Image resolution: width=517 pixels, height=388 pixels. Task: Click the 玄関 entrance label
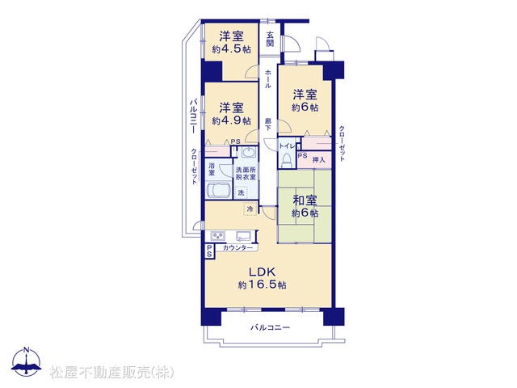pos(270,39)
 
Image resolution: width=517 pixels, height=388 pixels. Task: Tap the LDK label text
pos(262,272)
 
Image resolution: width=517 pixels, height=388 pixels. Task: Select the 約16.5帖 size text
pos(262,285)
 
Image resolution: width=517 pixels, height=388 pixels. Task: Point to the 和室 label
pos(305,200)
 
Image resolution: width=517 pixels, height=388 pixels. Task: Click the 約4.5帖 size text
pos(232,49)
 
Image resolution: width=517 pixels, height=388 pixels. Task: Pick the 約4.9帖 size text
pos(232,120)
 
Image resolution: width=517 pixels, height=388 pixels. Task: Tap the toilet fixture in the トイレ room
pos(286,160)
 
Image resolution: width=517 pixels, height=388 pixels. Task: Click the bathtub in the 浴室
pos(218,191)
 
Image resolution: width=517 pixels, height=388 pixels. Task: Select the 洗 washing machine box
pos(242,192)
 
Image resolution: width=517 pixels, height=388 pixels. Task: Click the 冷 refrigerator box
pos(250,209)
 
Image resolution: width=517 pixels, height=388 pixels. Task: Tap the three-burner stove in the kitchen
pos(218,236)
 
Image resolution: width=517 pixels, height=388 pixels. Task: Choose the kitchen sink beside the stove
pos(243,236)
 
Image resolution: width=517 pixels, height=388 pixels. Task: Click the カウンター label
pos(237,248)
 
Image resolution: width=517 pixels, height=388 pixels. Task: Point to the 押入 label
pos(319,160)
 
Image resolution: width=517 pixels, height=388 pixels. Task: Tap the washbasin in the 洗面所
pos(247,153)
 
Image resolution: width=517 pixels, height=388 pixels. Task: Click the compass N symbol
pos(27,362)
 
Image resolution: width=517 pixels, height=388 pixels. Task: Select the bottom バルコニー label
pos(271,327)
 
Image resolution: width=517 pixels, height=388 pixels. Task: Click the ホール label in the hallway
pos(268,78)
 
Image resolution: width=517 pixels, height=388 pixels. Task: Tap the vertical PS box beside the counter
pos(209,251)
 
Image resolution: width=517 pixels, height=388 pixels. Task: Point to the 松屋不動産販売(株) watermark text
pos(112,373)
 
